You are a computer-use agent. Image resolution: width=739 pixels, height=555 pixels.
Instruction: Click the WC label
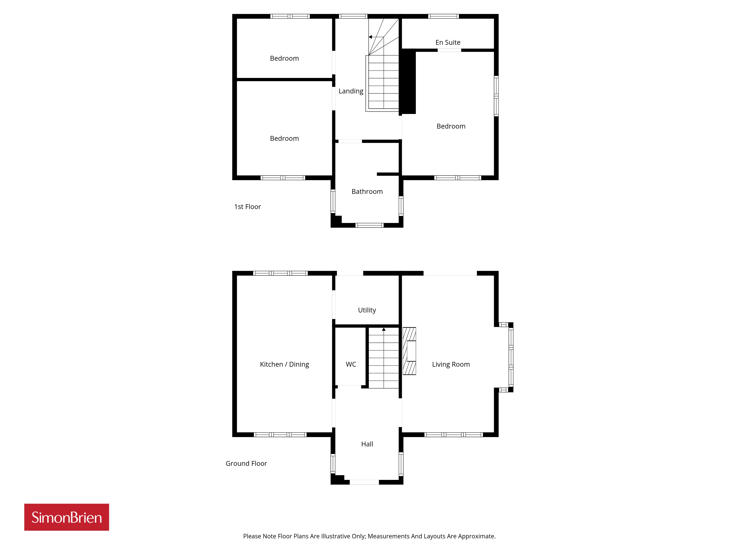[x=351, y=364]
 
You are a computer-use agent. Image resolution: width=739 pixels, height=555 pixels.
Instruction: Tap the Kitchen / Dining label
[x=284, y=364]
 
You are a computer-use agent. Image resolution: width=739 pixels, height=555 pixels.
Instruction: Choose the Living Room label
[x=451, y=364]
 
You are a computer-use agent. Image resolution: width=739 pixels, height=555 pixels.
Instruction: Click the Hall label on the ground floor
[x=367, y=444]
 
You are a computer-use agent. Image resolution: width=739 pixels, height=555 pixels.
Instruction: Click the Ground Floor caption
[x=246, y=463]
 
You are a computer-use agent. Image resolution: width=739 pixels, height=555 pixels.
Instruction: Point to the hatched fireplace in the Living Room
[x=409, y=351]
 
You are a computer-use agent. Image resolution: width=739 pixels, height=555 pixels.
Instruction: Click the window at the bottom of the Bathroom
[x=369, y=225]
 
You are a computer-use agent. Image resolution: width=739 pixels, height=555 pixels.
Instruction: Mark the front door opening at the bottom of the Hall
[x=364, y=482]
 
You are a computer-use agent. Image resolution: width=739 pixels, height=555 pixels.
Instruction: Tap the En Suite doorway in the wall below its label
[x=449, y=50]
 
